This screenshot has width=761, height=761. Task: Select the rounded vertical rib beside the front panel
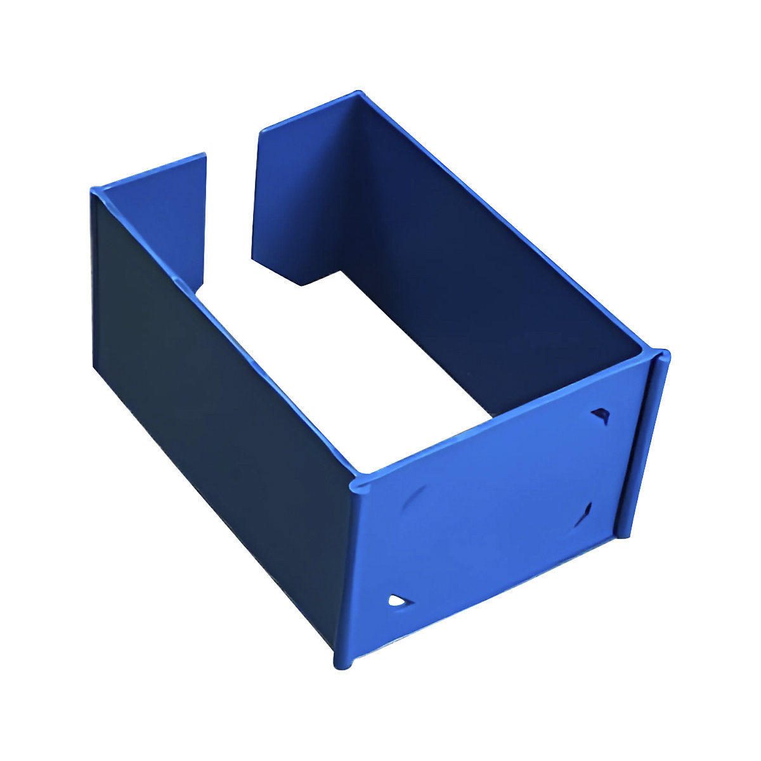click(x=643, y=444)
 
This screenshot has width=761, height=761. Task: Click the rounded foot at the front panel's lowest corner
click(x=343, y=663)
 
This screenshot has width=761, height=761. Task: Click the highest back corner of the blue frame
click(x=359, y=94)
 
